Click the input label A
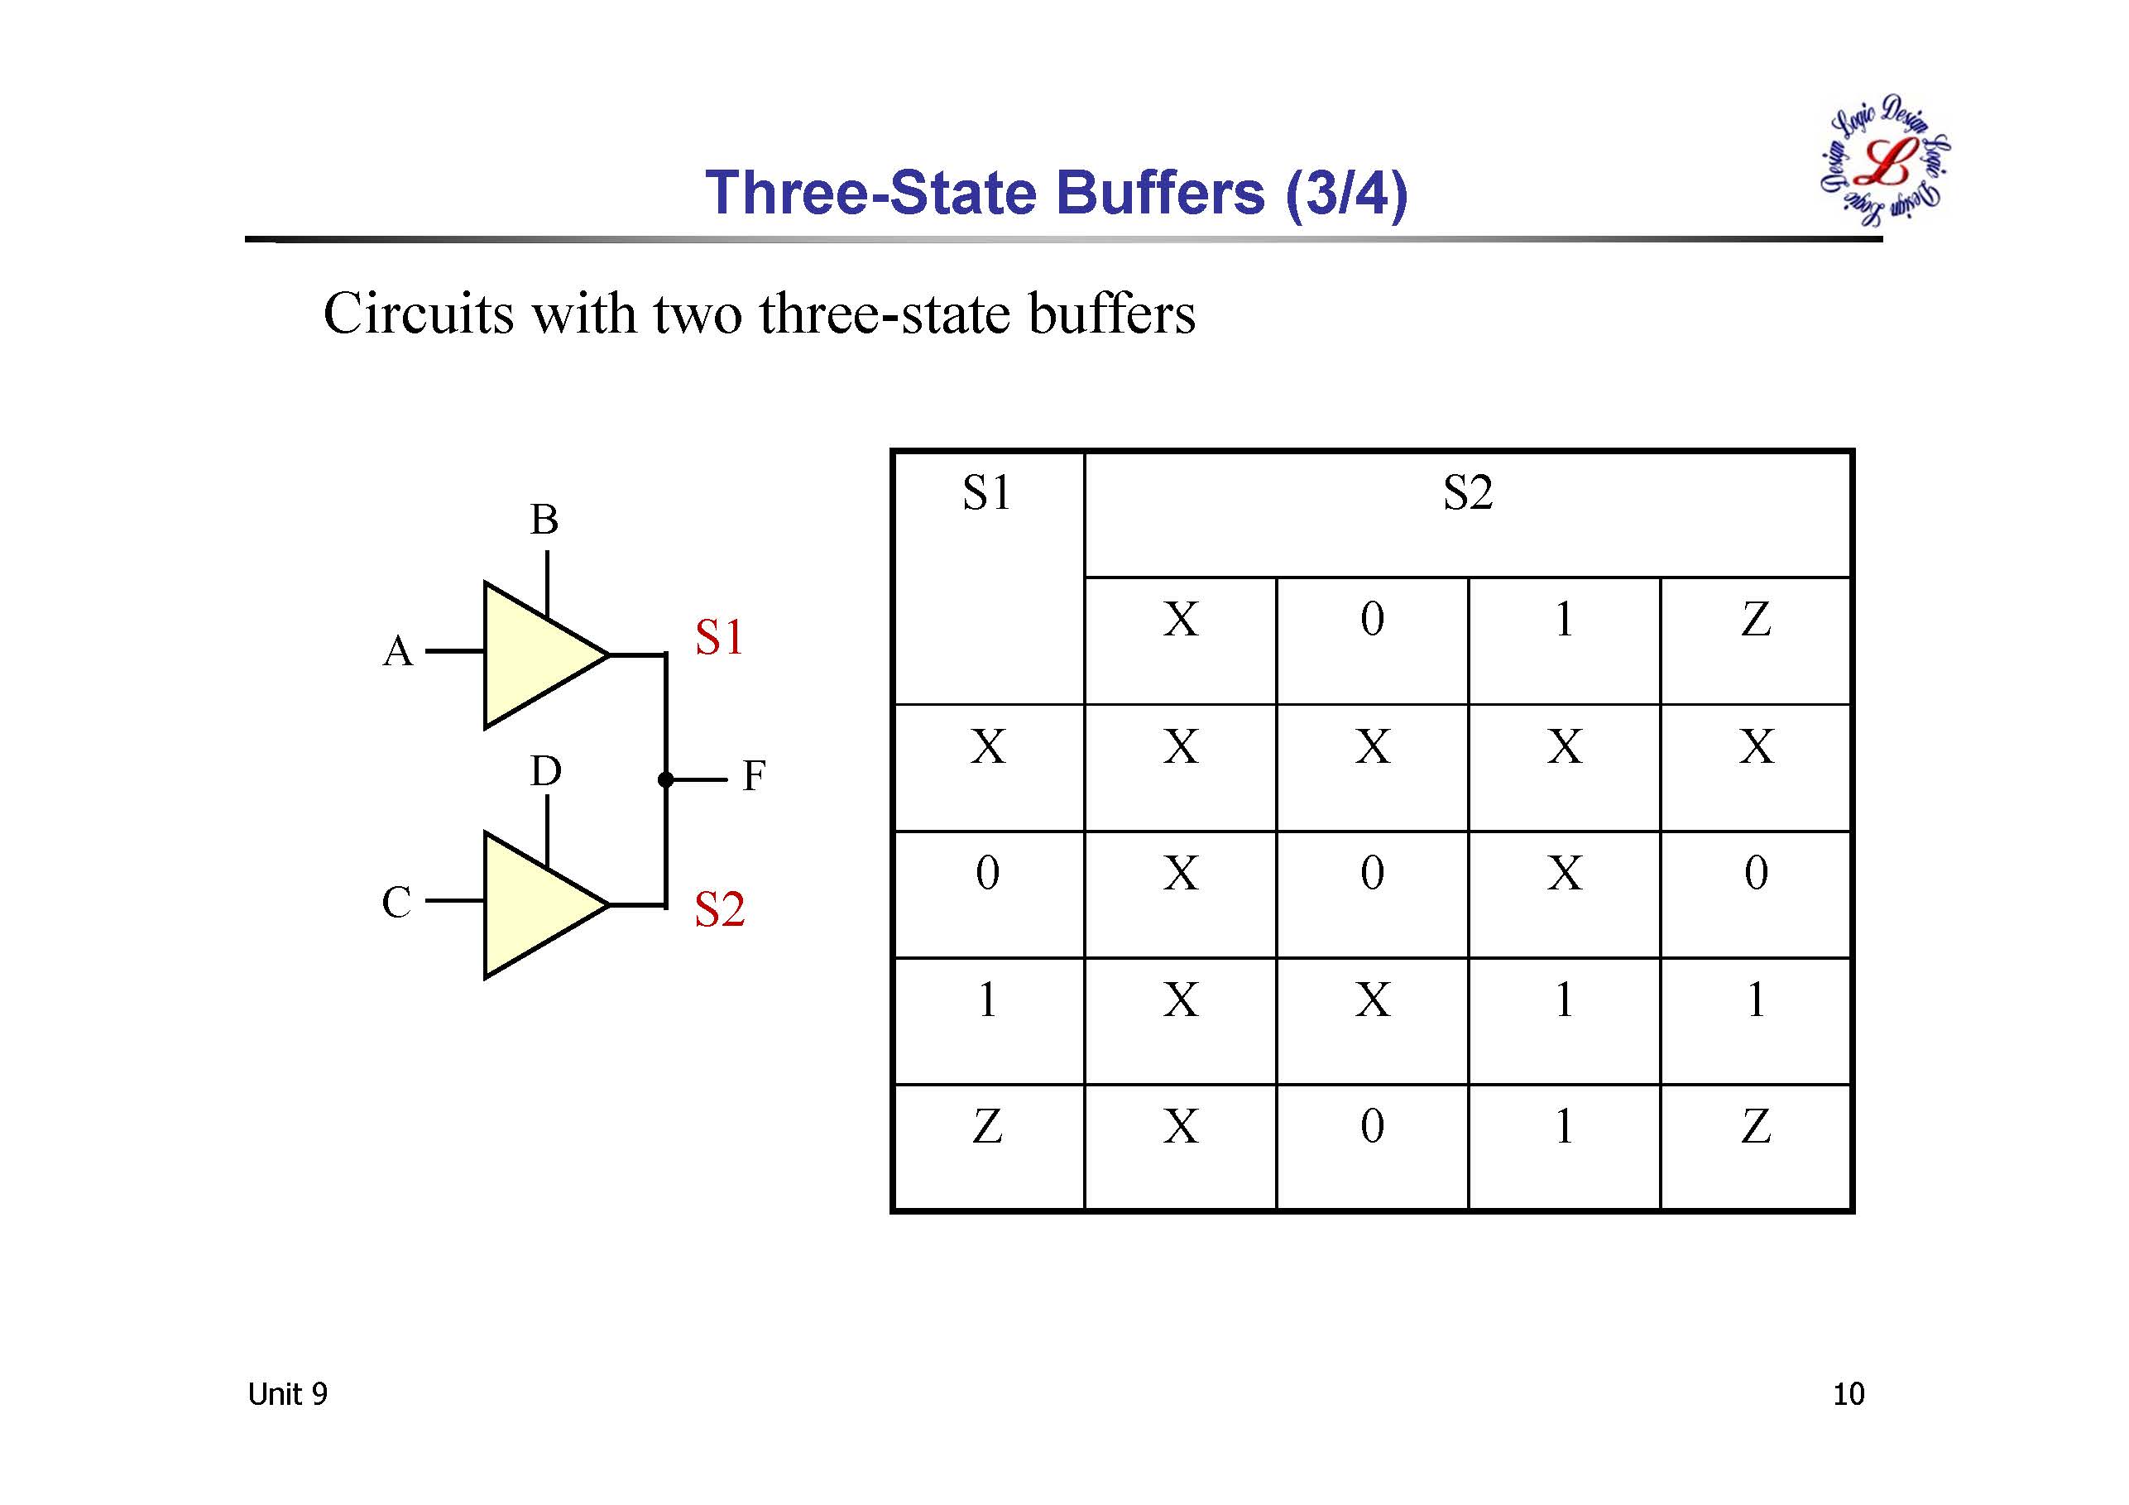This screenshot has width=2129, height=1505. point(398,651)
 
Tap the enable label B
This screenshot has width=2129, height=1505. point(544,520)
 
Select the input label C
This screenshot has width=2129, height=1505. point(397,901)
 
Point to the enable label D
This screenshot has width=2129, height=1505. point(545,770)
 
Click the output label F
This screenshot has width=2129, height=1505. point(753,776)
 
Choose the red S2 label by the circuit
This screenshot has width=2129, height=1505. point(720,908)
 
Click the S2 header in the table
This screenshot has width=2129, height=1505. point(1467,492)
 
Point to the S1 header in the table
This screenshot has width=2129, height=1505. point(986,492)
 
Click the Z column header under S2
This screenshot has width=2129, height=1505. point(1755,620)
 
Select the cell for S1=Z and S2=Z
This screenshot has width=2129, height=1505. point(1755,1127)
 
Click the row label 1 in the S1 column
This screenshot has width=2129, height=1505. point(987,999)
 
